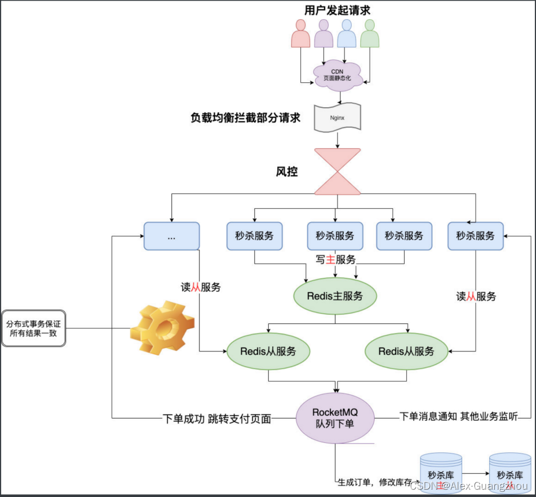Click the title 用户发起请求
tap(337, 10)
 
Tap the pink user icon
tap(300, 34)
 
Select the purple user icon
tap(324, 34)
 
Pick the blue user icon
tap(347, 34)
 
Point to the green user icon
tap(370, 34)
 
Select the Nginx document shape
tap(337, 118)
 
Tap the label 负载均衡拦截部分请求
tap(245, 118)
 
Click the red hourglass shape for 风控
tap(337, 171)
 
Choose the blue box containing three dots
tap(171, 236)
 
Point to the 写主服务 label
tap(336, 260)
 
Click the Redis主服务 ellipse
tap(335, 296)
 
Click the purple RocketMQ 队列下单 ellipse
tap(335, 417)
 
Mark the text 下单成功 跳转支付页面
tap(217, 419)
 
